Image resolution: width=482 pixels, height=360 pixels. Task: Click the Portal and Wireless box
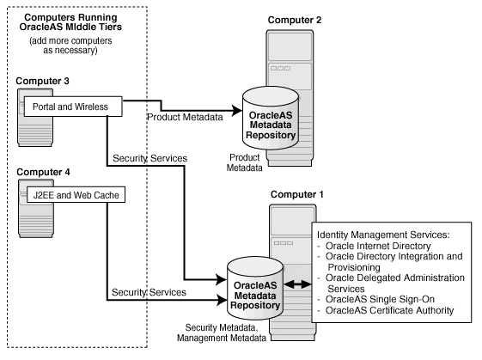coord(71,107)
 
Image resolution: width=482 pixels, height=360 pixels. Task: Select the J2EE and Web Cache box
coord(73,194)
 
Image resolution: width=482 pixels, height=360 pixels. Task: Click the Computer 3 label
coord(42,81)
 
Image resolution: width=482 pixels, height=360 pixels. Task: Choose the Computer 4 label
coord(42,172)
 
